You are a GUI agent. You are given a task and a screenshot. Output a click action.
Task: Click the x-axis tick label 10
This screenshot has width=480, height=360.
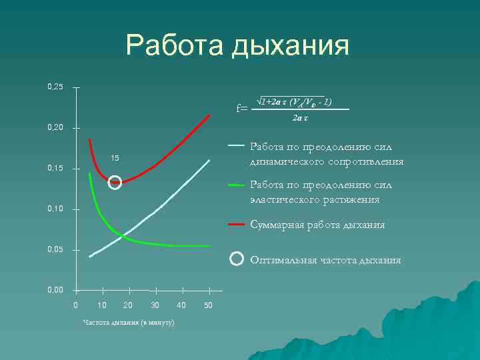pos(101,305)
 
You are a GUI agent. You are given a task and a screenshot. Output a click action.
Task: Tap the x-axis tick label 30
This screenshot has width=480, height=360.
pos(155,305)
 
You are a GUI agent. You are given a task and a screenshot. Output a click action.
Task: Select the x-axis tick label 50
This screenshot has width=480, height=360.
pos(208,305)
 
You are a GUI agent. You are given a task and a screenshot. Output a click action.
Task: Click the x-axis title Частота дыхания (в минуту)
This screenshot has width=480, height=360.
pos(128,322)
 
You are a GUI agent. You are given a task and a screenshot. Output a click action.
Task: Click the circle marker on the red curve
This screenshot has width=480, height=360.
pos(115,182)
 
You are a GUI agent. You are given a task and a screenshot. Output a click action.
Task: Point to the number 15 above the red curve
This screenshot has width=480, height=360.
pos(115,158)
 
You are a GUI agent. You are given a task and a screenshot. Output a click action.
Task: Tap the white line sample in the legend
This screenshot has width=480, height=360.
pos(236,144)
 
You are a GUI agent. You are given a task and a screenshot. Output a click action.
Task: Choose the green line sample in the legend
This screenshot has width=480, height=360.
pos(236,184)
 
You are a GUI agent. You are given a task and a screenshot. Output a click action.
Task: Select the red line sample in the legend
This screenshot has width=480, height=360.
pos(236,225)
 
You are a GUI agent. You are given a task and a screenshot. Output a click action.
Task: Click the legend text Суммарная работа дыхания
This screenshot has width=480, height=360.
pos(317,225)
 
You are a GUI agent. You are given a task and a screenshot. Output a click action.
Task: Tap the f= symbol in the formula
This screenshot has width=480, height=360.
pos(243,107)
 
